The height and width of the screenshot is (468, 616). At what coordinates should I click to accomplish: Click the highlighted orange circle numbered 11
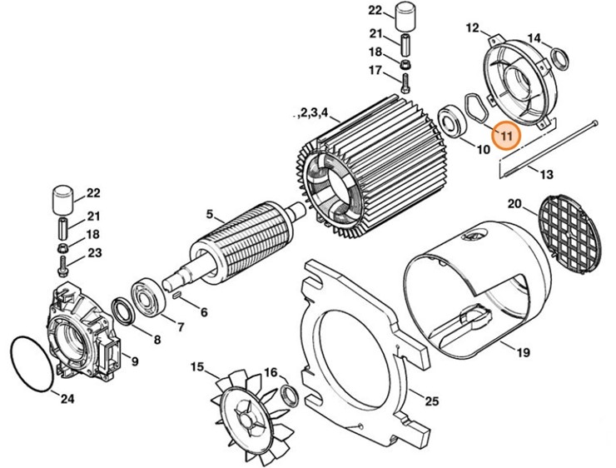coord(505,133)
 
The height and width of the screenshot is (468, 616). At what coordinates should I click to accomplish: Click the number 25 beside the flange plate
coord(430,402)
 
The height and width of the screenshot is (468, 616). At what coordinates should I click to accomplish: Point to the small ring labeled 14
coord(557,58)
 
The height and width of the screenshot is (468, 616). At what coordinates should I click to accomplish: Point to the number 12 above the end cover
coord(472,28)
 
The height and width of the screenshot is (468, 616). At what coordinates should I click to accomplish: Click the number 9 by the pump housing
coord(134,361)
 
